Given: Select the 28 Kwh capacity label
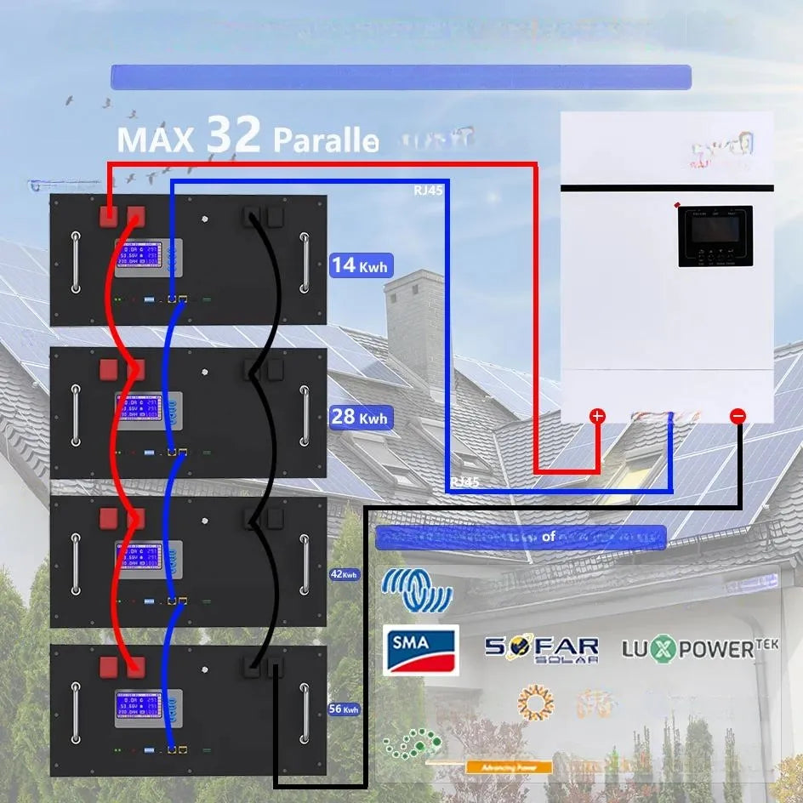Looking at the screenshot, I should [361, 417].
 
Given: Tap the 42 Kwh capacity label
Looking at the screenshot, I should [345, 574].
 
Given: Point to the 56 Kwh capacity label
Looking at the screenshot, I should [345, 709].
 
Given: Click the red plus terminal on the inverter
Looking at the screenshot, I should [598, 416].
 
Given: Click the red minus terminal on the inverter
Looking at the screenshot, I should [738, 416].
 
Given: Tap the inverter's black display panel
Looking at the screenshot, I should [715, 236].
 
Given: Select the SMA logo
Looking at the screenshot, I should [420, 649].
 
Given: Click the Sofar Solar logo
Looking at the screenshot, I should [542, 650].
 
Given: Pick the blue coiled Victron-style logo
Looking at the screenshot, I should [416, 589].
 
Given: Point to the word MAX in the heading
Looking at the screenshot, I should [155, 139].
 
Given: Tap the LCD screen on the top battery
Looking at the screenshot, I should [148, 258].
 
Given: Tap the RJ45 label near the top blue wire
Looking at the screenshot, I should [428, 191].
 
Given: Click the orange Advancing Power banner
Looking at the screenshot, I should [508, 767].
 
